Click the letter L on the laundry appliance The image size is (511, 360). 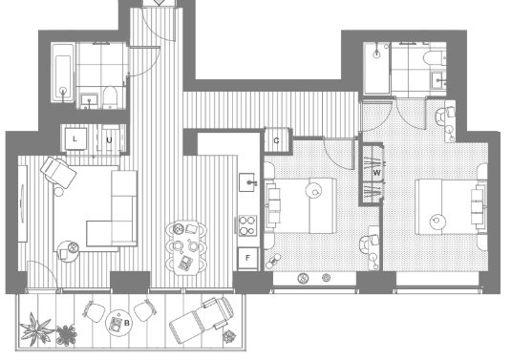click(x=75, y=139)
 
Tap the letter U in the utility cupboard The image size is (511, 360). click(x=109, y=140)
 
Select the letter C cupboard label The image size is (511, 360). click(x=276, y=140)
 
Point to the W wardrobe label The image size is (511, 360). click(x=376, y=173)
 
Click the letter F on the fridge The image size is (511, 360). click(x=247, y=258)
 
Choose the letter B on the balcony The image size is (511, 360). click(x=127, y=323)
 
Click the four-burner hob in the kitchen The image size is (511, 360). click(x=247, y=225)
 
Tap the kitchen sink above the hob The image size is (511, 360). click(x=248, y=182)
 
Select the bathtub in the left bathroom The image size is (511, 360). click(x=63, y=73)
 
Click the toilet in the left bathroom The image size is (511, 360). click(x=110, y=97)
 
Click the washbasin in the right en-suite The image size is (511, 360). click(x=438, y=80)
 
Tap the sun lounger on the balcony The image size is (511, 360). click(x=202, y=319)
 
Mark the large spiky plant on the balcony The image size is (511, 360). click(x=36, y=328)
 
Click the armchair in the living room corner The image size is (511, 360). click(x=58, y=172)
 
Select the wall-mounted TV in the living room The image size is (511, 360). click(x=23, y=203)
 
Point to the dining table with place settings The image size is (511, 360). click(x=186, y=247)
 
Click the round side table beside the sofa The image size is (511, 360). click(x=68, y=251)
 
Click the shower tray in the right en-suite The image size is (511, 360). click(x=376, y=69)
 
